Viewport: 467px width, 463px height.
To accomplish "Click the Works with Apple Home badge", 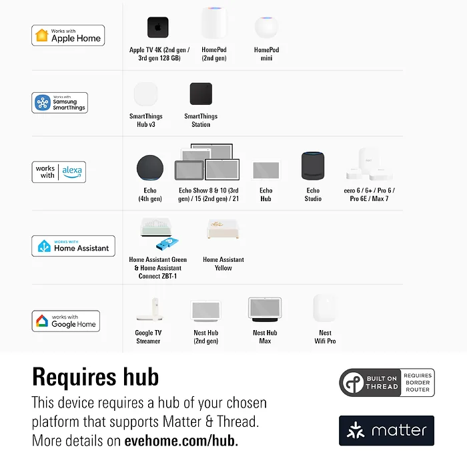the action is pyautogui.click(x=68, y=35).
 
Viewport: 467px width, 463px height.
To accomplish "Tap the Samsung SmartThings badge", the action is pyautogui.click(x=59, y=103).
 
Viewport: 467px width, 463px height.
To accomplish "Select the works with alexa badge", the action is pyautogui.click(x=59, y=172).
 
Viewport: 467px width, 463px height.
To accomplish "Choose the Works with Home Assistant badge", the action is pyautogui.click(x=73, y=246).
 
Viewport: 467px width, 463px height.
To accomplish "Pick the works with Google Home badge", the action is pyautogui.click(x=66, y=321).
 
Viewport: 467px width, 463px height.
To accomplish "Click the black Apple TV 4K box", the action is pyautogui.click(x=158, y=27).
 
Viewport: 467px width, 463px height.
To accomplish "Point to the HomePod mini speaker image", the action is pyautogui.click(x=267, y=27).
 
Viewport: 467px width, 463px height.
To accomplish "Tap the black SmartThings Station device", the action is pyautogui.click(x=201, y=94).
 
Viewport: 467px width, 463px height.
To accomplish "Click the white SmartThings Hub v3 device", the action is pyautogui.click(x=145, y=94).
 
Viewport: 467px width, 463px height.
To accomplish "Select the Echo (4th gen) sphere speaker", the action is pyautogui.click(x=150, y=168).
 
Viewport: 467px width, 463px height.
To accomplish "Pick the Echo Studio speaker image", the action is pyautogui.click(x=313, y=166).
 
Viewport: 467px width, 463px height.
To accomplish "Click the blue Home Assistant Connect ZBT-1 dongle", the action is pyautogui.click(x=167, y=244).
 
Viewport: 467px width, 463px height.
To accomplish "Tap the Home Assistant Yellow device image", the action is pyautogui.click(x=223, y=228).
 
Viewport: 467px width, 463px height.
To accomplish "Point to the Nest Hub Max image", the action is pyautogui.click(x=265, y=309).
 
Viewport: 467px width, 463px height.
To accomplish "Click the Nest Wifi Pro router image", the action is pyautogui.click(x=325, y=308).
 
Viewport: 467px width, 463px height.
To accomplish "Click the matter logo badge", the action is pyautogui.click(x=386, y=430).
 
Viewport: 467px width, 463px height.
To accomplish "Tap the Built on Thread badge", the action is pyautogui.click(x=386, y=382).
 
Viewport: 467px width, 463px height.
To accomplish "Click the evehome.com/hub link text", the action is pyautogui.click(x=181, y=441).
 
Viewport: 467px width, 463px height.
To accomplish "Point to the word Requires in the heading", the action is pyautogui.click(x=74, y=377).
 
